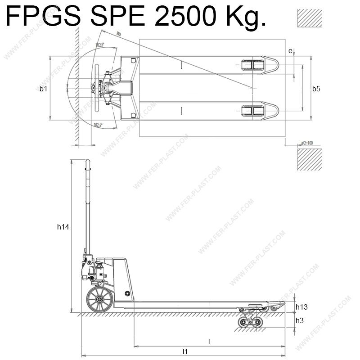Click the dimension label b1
click(x=43, y=89)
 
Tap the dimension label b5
click(x=316, y=89)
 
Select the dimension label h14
click(x=63, y=227)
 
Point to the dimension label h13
click(x=301, y=307)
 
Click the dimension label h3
click(x=300, y=320)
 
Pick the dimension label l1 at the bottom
click(x=185, y=351)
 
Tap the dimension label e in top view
click(x=290, y=51)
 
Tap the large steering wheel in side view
click(x=99, y=300)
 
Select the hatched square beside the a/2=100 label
click(x=310, y=159)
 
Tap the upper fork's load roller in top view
click(x=252, y=65)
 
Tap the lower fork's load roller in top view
click(x=252, y=111)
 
